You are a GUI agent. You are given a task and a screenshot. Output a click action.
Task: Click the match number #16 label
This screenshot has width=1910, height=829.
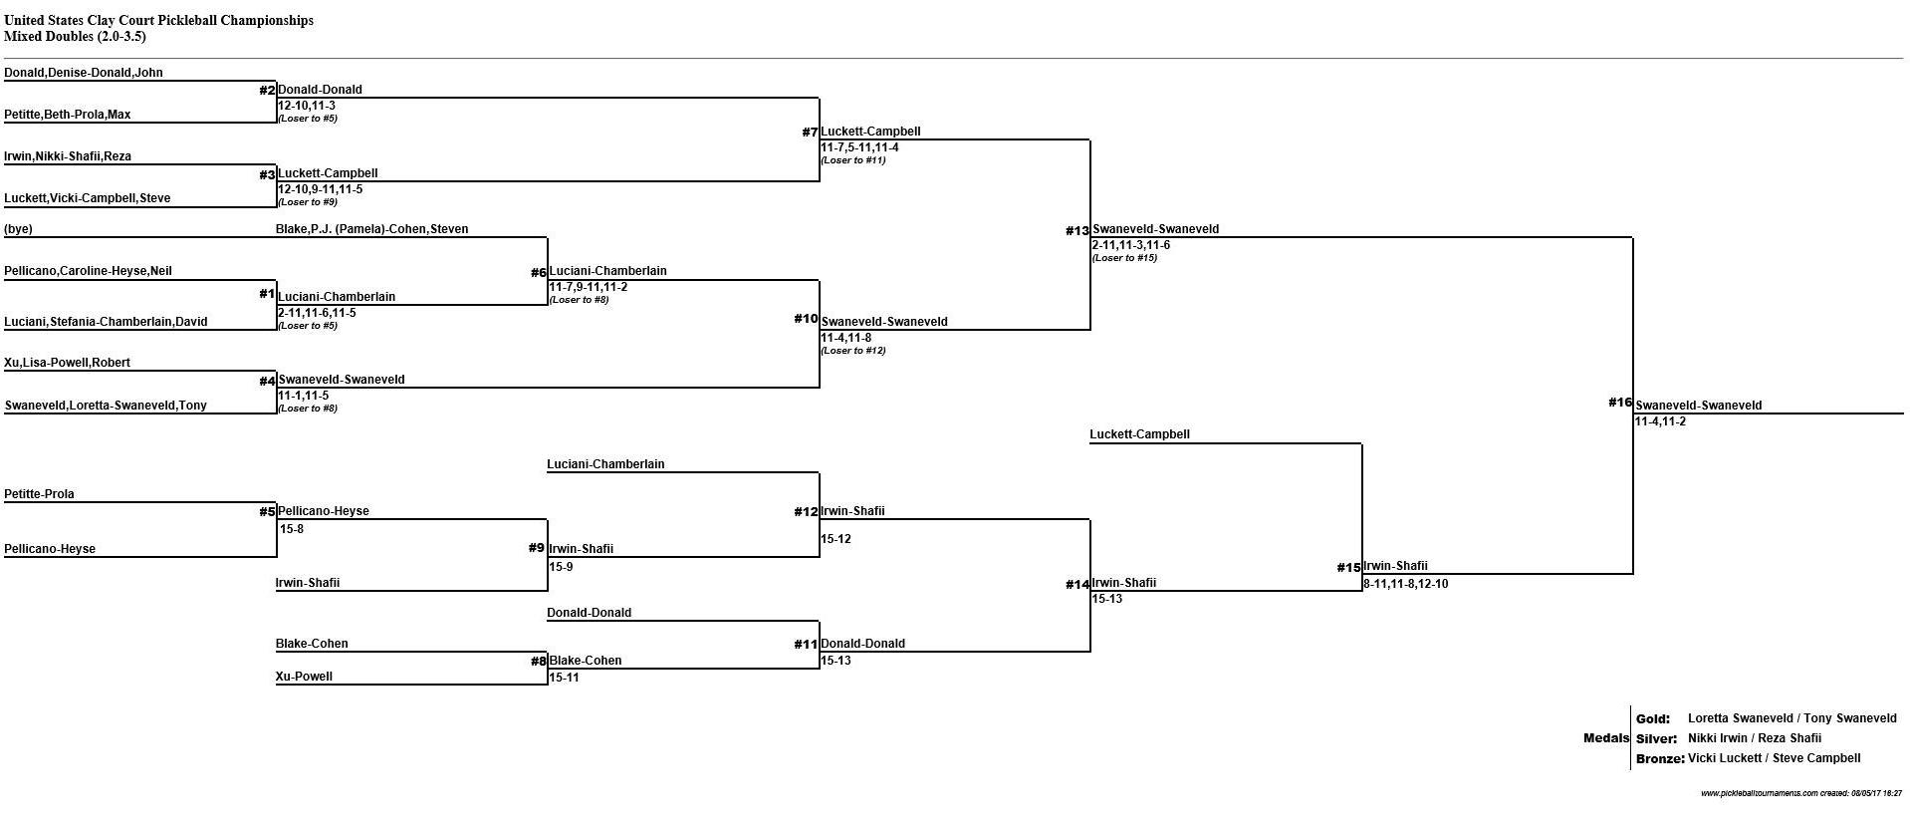(x=1620, y=403)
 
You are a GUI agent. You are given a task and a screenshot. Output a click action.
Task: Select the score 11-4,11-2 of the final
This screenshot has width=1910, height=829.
(x=1660, y=421)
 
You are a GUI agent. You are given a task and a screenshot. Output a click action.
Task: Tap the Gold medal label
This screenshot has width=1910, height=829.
(x=1653, y=718)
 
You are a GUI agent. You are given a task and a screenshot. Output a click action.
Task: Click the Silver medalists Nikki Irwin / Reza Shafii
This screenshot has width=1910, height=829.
(x=1755, y=738)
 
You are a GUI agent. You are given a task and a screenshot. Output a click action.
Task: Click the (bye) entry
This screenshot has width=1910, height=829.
(x=18, y=229)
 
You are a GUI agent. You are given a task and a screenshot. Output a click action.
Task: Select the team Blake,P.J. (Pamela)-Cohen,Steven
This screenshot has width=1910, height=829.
(x=372, y=229)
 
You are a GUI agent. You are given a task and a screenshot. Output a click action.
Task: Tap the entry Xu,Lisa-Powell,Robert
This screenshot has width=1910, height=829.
(x=68, y=363)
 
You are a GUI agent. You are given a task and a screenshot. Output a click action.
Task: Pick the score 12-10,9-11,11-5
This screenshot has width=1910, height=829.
(x=321, y=189)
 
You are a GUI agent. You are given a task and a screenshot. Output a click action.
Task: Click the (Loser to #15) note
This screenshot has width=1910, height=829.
(x=1124, y=258)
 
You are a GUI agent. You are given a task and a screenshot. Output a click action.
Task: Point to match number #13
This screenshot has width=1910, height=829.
(x=1077, y=231)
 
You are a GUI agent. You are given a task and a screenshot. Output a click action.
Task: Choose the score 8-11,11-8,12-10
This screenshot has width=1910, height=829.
(x=1406, y=584)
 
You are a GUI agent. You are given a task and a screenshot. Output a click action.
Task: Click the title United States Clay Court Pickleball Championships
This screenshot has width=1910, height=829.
(x=159, y=20)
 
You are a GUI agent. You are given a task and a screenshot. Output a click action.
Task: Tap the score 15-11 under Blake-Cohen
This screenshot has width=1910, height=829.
(x=564, y=678)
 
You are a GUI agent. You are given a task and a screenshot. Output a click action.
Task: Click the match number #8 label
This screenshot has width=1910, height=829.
(x=538, y=661)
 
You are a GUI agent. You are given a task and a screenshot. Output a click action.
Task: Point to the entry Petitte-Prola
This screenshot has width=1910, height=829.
(x=39, y=494)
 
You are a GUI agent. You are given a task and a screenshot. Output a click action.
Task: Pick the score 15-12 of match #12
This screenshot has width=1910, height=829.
(x=836, y=539)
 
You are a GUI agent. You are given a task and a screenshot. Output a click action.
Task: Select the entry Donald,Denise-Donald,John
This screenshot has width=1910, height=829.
(x=84, y=73)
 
